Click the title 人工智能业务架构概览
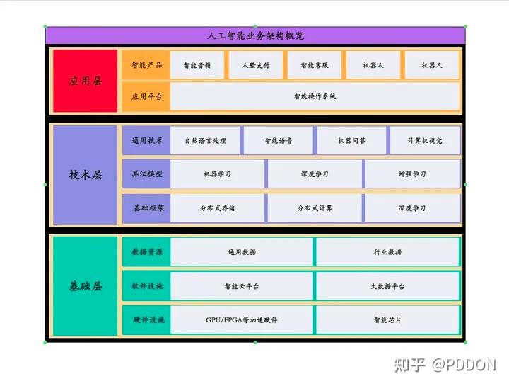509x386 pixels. [255, 35]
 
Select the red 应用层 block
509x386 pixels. [85, 81]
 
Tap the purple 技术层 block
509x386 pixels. [85, 175]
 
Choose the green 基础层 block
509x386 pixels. [85, 286]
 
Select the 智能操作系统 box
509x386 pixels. [315, 96]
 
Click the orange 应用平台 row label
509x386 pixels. [146, 96]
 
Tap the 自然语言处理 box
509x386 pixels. [205, 140]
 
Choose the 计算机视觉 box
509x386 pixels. [425, 140]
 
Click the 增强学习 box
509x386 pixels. [412, 174]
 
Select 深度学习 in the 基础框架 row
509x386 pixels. [412, 208]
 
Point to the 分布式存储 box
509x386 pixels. [217, 208]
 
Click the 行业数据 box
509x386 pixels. [387, 252]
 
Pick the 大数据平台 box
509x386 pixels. [387, 286]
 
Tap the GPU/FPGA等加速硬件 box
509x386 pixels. [241, 320]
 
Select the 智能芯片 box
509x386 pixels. [387, 320]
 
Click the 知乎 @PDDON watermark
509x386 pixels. [445, 364]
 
